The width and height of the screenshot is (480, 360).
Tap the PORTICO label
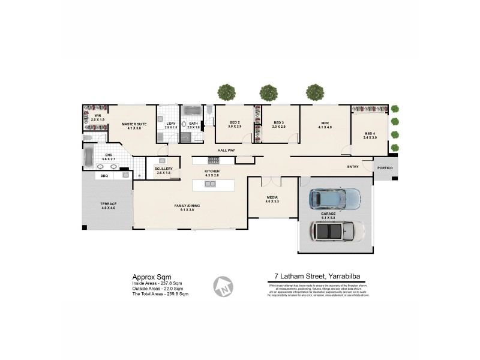[384, 168]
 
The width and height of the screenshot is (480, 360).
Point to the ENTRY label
[353, 166]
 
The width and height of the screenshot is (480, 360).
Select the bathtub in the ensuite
[89, 158]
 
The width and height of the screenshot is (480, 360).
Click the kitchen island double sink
[211, 183]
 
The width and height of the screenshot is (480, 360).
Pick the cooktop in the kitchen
[214, 160]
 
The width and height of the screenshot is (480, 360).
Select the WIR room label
[97, 115]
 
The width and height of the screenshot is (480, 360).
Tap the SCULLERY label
[163, 169]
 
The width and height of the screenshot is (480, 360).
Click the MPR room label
[325, 123]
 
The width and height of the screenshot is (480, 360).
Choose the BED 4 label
[370, 133]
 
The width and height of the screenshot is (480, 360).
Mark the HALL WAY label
[226, 151]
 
